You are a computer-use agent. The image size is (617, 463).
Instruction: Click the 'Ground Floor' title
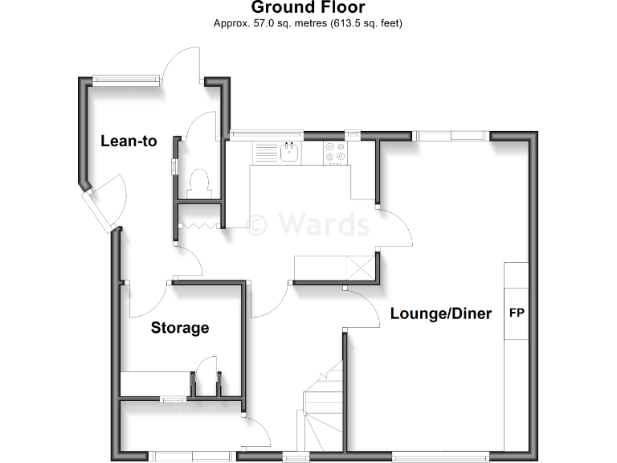pyautogui.click(x=308, y=8)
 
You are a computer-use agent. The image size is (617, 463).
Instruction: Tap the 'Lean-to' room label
pyautogui.click(x=129, y=141)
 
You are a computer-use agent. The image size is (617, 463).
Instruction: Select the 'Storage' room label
pyautogui.click(x=180, y=327)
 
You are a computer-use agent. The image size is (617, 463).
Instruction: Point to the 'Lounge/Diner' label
pyautogui.click(x=440, y=313)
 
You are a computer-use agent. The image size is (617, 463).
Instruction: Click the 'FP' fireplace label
pyautogui.click(x=517, y=313)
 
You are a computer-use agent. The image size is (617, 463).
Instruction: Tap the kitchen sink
pyautogui.click(x=288, y=152)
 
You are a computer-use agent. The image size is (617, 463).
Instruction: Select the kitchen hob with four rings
pyautogui.click(x=336, y=152)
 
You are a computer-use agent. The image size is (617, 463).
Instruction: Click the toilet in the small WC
pyautogui.click(x=198, y=182)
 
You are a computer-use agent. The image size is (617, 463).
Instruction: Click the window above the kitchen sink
pyautogui.click(x=267, y=134)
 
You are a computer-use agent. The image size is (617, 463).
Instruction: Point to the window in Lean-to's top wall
pyautogui.click(x=124, y=79)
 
